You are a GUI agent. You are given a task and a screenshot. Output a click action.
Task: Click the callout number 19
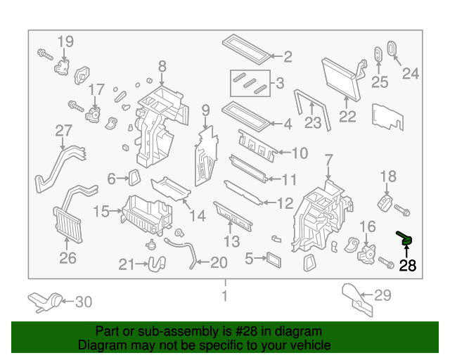pos(65,41)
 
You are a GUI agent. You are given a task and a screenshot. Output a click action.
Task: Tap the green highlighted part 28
pos(406,240)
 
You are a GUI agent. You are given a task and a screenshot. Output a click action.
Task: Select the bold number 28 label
pos(407,265)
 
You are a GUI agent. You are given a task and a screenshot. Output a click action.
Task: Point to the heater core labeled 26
pos(67,224)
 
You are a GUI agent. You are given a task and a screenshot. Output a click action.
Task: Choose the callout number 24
pos(410,72)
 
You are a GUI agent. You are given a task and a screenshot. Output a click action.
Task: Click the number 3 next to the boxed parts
pos(279,84)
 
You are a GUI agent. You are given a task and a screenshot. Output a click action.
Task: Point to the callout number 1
pos(225,296)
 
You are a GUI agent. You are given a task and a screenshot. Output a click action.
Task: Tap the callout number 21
pos(127,264)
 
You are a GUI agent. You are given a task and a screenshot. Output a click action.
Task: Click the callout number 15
pos(102,211)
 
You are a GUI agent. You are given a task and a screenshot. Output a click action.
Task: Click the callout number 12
pos(285,204)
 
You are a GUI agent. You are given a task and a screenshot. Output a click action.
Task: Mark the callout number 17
pos(96,89)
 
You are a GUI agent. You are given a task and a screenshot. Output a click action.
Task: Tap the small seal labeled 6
pos(134,179)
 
